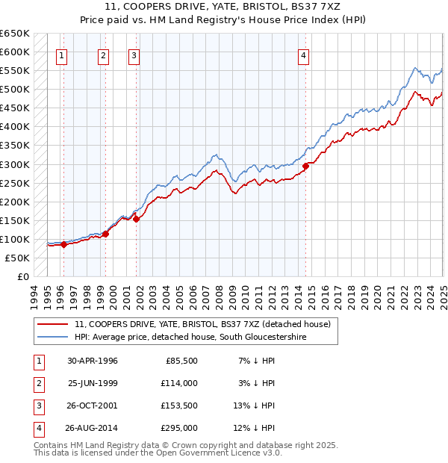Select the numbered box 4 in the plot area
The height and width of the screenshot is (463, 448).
(304, 54)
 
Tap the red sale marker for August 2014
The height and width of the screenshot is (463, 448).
(306, 166)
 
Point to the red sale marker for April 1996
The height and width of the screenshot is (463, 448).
(63, 244)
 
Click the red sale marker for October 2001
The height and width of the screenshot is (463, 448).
(137, 219)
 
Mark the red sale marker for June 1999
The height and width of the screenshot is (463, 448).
(105, 234)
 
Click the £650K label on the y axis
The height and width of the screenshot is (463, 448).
(15, 34)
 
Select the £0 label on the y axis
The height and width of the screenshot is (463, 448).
(22, 276)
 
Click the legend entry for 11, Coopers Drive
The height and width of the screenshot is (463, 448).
(207, 324)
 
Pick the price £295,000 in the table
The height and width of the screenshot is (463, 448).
(180, 428)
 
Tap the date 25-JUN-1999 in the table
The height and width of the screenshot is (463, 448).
(93, 383)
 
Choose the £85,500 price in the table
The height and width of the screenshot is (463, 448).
(182, 361)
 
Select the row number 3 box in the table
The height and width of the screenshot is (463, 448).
(38, 405)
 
